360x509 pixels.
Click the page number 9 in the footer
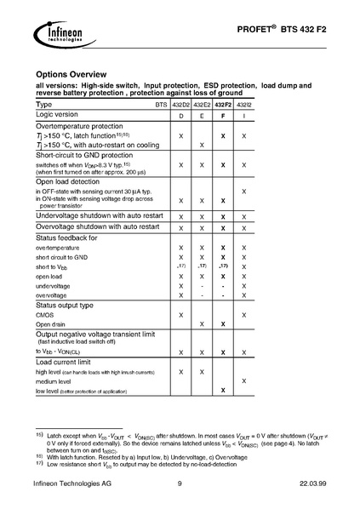[x=180, y=485]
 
